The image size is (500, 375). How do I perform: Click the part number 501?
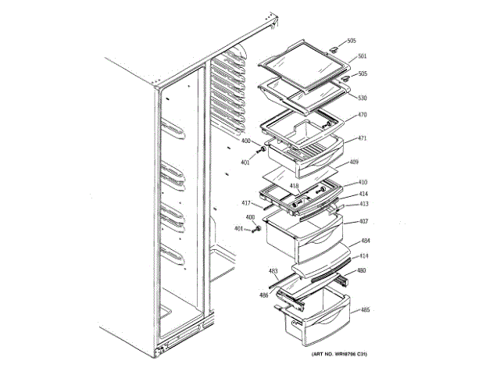(362, 55)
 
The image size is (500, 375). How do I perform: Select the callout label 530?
(362, 98)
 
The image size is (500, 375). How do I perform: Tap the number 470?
(362, 115)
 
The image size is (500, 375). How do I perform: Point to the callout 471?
(362, 138)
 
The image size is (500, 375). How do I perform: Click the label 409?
(354, 162)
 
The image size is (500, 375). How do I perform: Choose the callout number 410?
(363, 182)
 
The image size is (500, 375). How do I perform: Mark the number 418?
(295, 186)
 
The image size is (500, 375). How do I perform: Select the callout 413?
(363, 204)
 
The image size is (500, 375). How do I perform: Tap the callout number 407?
(363, 221)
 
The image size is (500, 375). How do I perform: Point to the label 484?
(366, 241)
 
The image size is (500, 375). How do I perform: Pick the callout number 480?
(362, 271)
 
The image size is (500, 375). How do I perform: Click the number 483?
(273, 271)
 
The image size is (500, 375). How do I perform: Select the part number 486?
(264, 295)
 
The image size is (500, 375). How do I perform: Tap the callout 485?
(365, 310)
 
